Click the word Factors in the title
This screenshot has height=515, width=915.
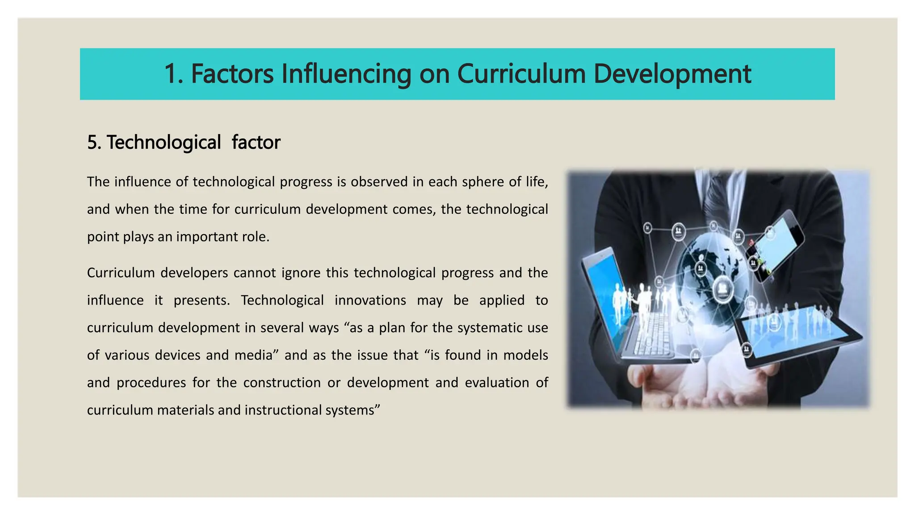[232, 74]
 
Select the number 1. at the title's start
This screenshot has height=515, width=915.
[174, 74]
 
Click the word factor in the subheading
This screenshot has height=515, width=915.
[256, 143]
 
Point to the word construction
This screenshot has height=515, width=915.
[282, 383]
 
